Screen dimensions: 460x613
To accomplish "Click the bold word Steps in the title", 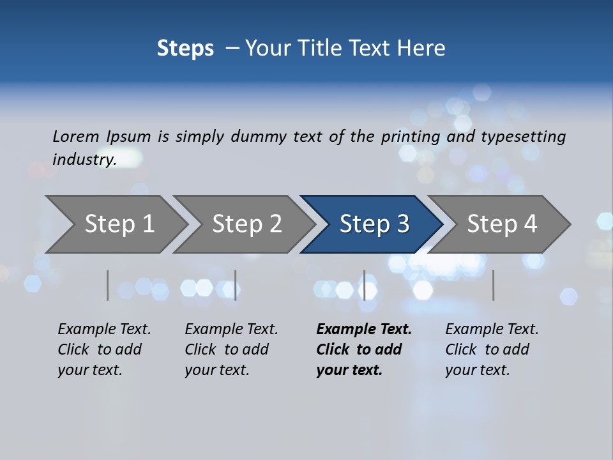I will point(185,49).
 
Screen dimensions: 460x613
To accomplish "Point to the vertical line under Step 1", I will point(108,285).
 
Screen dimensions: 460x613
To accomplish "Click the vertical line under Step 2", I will point(236,285).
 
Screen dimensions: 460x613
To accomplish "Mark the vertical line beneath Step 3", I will point(364,285).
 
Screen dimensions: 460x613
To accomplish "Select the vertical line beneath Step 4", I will point(493,285).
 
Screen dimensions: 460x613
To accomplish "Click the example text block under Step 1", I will point(103,349).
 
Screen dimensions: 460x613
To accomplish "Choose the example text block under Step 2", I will point(231,349).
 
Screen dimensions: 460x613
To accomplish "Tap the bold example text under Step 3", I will point(363,349).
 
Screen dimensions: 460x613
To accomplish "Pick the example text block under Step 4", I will point(491,349).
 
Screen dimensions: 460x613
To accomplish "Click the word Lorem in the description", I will point(76,136).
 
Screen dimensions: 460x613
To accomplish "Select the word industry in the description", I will point(84,159).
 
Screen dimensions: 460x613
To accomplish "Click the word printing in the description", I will point(411,137).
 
